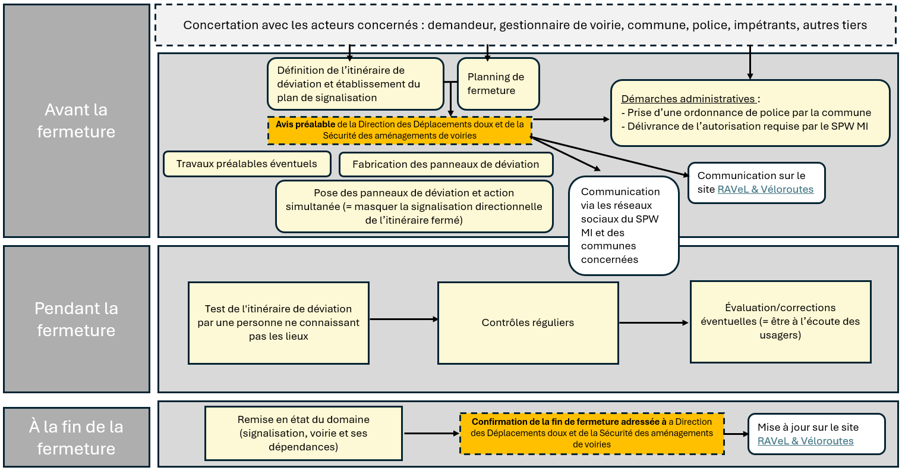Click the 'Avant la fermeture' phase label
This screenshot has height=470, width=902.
point(76,121)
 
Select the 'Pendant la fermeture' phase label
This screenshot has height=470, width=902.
point(76,319)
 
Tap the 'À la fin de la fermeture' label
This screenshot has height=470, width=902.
point(76,437)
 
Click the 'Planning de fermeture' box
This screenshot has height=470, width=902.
point(498,84)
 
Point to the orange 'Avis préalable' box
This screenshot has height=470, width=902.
point(399,130)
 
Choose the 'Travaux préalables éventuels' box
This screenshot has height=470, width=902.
point(247,164)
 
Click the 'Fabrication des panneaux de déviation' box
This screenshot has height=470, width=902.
point(446,164)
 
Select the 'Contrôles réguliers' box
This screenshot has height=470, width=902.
point(528,322)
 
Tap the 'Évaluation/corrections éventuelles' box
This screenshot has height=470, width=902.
point(780,321)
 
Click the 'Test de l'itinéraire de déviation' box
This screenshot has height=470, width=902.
point(278,322)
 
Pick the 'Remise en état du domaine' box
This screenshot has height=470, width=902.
point(303,433)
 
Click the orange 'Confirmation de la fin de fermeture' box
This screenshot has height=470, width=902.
point(592,433)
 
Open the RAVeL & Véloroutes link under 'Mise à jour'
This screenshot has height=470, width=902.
point(805,441)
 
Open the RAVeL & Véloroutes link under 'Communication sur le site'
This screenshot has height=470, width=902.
point(765,189)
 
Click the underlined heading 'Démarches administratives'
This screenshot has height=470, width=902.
point(689,99)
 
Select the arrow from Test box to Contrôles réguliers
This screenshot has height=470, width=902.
point(403,319)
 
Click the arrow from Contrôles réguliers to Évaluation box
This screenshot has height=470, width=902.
point(654,323)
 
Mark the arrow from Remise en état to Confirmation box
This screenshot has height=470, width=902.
point(431,433)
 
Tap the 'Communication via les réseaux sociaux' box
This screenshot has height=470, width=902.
point(623,225)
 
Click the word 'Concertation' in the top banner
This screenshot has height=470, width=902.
point(220,25)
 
